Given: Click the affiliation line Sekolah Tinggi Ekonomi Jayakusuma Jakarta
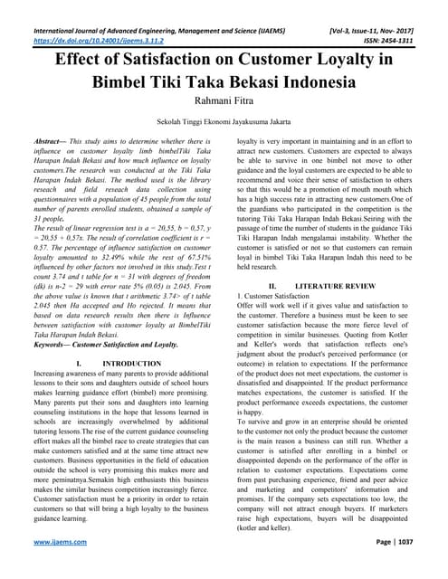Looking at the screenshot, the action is (224, 124).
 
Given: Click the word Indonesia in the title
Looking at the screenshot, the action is (307, 82).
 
